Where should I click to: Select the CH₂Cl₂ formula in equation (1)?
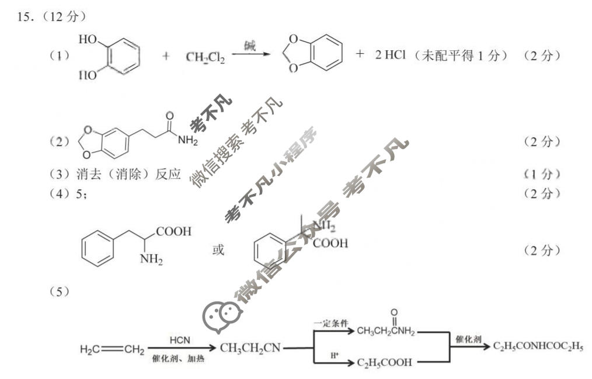tap(205, 57)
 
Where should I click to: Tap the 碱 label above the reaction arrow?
tap(250, 46)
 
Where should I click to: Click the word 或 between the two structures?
tap(218, 250)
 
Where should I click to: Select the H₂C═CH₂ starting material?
tap(112, 350)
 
